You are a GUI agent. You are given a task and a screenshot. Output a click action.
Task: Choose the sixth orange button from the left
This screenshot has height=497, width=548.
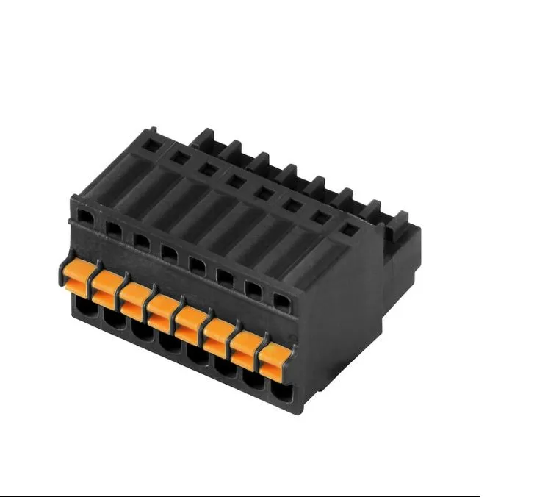(218, 335)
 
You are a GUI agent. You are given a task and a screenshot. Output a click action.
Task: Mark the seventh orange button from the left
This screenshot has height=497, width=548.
(246, 347)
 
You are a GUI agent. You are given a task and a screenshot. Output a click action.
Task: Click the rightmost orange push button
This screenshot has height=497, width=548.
(274, 360)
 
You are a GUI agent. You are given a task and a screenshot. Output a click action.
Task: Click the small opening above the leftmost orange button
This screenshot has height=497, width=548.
(86, 217)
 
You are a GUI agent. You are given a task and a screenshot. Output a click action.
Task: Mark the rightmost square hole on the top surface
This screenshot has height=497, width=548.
(349, 229)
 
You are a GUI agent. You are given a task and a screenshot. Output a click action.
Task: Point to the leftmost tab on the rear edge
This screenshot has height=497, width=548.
(203, 137)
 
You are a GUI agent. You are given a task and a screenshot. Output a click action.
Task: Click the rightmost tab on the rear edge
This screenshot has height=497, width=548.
(400, 219)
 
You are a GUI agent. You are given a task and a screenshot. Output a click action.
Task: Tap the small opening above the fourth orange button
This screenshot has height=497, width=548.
(170, 253)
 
